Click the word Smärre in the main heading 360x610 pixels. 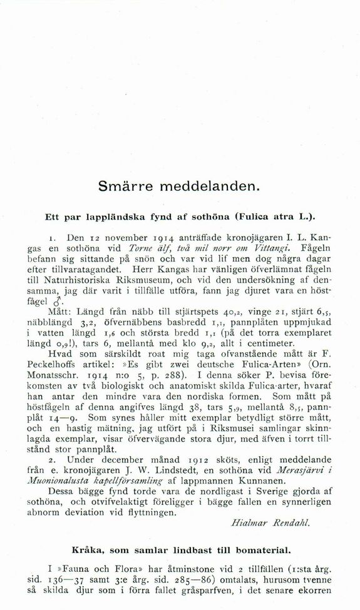[128, 186]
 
